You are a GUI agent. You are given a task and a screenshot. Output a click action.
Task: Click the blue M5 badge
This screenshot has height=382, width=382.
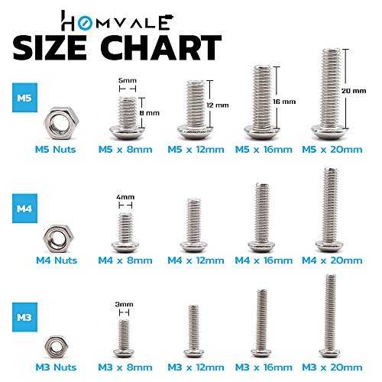(x=24, y=98)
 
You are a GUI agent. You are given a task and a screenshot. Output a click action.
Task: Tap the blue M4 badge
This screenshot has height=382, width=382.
(x=24, y=209)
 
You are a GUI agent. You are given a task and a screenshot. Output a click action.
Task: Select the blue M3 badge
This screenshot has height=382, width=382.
(x=24, y=317)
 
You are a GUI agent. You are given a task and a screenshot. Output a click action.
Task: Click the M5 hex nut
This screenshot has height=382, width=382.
(x=61, y=123)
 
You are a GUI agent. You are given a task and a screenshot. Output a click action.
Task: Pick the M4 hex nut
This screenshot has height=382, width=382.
(x=58, y=238)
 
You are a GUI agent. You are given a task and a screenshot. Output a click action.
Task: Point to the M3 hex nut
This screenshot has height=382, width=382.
(x=56, y=347)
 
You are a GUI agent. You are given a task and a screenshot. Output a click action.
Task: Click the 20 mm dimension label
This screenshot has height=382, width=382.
(x=354, y=91)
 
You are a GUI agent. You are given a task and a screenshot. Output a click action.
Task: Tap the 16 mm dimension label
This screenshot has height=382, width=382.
(x=284, y=102)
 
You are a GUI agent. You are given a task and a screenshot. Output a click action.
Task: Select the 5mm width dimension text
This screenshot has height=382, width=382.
(x=128, y=80)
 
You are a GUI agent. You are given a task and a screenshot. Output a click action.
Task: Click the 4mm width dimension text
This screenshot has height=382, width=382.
(x=125, y=197)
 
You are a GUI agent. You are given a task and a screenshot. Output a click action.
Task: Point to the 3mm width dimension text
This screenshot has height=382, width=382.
(x=124, y=304)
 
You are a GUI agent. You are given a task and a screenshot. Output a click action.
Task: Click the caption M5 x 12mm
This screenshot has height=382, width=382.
(x=196, y=149)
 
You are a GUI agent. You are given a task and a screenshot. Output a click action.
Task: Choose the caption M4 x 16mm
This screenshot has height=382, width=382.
(x=264, y=261)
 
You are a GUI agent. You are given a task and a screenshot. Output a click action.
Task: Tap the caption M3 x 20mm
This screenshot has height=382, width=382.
(x=332, y=367)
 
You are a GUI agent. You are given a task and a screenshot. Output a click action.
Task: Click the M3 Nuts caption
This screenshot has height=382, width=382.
(x=56, y=367)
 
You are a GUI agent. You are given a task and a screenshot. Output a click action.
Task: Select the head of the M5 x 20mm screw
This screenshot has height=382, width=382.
(x=331, y=132)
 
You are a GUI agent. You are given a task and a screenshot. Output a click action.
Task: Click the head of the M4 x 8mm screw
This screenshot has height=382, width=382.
(x=125, y=247)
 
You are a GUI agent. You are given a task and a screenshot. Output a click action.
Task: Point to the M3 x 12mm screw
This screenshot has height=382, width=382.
(x=193, y=331)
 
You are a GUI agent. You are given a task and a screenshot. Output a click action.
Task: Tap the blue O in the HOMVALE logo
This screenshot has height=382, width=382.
(x=83, y=24)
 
